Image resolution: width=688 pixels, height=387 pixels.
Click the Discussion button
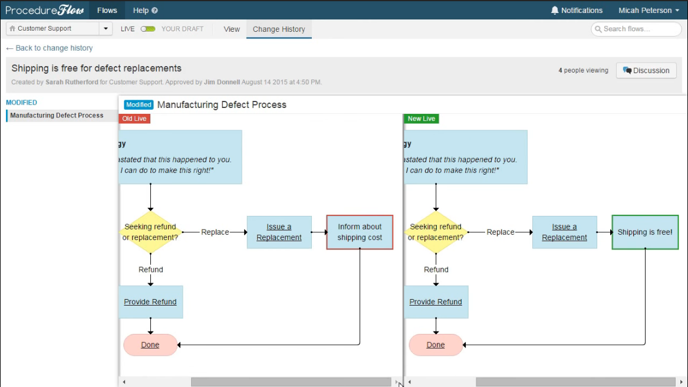pyautogui.click(x=646, y=70)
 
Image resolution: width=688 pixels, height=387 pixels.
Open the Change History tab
pyautogui.click(x=279, y=29)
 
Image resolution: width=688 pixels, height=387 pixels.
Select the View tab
pyautogui.click(x=232, y=29)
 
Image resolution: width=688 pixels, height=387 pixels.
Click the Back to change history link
pyautogui.click(x=50, y=48)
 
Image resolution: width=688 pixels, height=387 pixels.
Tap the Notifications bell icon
pyautogui.click(x=555, y=10)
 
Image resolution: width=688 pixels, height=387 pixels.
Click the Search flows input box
pyautogui.click(x=636, y=29)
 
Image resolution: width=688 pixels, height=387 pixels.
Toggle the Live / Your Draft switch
pyautogui.click(x=148, y=29)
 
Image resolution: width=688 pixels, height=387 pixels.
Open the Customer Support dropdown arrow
pyautogui.click(x=106, y=28)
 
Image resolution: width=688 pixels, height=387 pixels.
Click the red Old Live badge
pyautogui.click(x=134, y=119)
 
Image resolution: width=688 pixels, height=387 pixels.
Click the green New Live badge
pyautogui.click(x=421, y=119)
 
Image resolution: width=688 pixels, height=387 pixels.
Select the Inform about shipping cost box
pyautogui.click(x=360, y=232)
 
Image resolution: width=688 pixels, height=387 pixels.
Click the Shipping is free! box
pyautogui.click(x=645, y=232)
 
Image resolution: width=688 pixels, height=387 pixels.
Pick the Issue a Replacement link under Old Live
pyautogui.click(x=279, y=232)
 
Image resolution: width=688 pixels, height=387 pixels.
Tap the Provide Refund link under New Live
pyautogui.click(x=436, y=302)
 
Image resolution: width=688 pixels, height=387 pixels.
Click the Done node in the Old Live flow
pyautogui.click(x=150, y=345)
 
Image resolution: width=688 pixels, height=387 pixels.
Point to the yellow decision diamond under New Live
pyautogui.click(x=436, y=232)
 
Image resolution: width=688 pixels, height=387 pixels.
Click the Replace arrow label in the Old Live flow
pyautogui.click(x=215, y=232)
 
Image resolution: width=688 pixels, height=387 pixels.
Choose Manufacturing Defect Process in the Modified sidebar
pyautogui.click(x=57, y=116)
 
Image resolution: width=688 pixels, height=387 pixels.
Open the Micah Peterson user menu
pyautogui.click(x=649, y=10)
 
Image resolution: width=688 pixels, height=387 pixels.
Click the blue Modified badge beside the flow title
pyautogui.click(x=139, y=104)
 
